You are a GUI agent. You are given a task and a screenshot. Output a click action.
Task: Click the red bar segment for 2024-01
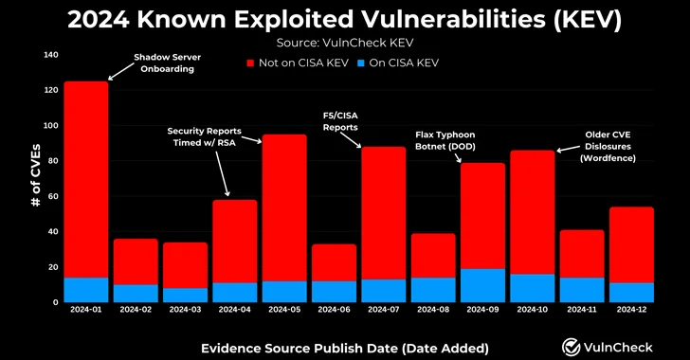coord(85,179)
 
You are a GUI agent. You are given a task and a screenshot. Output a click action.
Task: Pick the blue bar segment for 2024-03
coord(185,295)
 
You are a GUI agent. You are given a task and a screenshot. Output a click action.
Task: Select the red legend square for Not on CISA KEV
coord(251,63)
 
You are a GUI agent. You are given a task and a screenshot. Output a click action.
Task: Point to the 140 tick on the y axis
coord(50,55)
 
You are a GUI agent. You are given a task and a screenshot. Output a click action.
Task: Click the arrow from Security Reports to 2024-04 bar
coord(222,172)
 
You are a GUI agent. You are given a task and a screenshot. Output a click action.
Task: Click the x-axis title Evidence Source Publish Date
coord(344,347)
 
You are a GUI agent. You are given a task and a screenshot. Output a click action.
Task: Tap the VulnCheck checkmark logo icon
coord(572,347)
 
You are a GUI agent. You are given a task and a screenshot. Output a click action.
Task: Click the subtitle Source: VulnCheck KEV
coord(344,43)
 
